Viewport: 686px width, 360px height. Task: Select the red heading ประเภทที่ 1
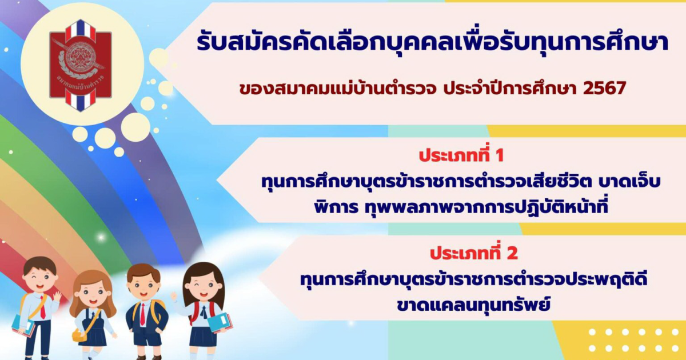coord(461,155)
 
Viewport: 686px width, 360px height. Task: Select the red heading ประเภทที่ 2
coord(474,254)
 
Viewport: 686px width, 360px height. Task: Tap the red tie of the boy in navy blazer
coord(142,314)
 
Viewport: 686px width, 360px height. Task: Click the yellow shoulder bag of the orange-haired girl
coord(79,334)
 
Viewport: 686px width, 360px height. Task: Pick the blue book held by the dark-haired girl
coord(220,323)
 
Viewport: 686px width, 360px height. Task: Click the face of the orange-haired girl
coord(92,294)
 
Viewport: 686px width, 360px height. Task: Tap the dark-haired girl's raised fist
coord(174,296)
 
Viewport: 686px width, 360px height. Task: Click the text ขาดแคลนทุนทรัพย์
coord(473,305)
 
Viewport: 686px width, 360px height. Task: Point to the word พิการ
coord(336,207)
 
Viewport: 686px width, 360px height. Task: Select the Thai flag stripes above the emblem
coord(81,29)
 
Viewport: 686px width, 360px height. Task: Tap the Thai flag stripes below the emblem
coord(81,101)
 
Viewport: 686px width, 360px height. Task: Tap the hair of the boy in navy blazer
coord(143,272)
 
